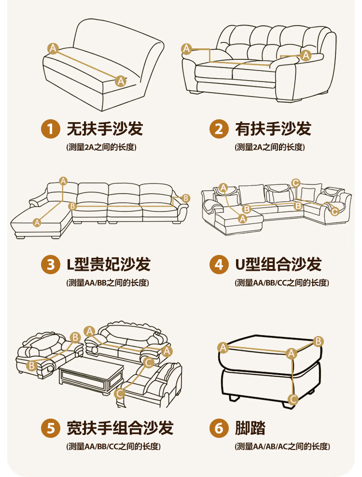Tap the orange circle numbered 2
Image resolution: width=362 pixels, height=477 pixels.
[x=219, y=129]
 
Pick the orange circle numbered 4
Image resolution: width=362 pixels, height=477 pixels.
[x=219, y=265]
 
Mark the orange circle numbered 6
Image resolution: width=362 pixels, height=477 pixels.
[x=219, y=428]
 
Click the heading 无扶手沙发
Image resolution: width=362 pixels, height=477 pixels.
[x=105, y=129]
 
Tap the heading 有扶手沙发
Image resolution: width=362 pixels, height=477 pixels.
[x=273, y=129]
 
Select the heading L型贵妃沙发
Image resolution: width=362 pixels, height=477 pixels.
[x=109, y=265]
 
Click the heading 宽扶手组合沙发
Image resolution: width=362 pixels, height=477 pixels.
[x=120, y=428]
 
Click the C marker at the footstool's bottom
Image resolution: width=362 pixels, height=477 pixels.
[x=292, y=399]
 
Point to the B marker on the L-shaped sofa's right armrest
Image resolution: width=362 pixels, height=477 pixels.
[x=186, y=198]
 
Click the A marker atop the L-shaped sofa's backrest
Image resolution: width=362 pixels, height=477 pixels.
[x=63, y=181]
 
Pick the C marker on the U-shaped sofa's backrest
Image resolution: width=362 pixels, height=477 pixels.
[x=296, y=182]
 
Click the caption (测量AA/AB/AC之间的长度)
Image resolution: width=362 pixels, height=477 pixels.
[x=282, y=447]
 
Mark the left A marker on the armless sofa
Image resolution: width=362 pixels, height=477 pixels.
[x=53, y=48]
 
